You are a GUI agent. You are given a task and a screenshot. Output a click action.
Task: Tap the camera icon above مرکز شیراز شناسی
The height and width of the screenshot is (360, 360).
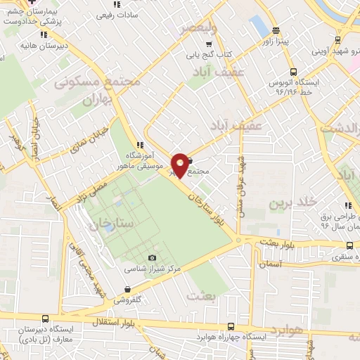[153, 257]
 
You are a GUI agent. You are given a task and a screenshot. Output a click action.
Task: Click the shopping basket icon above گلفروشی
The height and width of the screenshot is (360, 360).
[127, 289]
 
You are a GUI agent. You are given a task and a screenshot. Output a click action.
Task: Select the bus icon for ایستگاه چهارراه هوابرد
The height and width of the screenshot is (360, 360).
[231, 326]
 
